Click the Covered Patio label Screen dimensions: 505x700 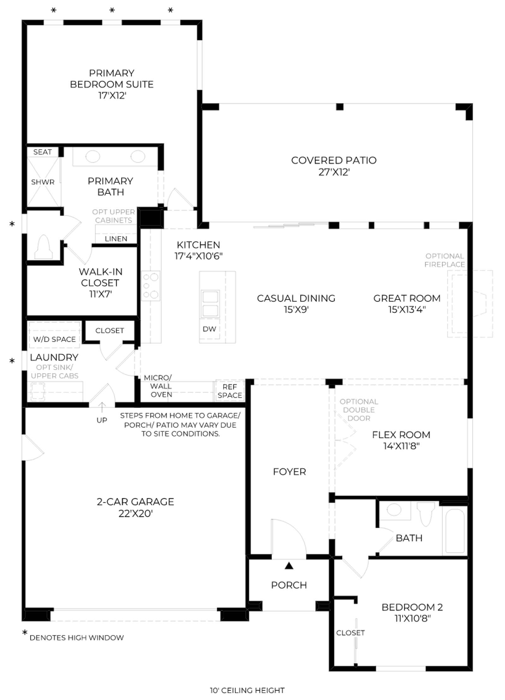pyautogui.click(x=334, y=160)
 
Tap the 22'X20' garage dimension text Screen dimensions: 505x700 pyautogui.click(x=135, y=513)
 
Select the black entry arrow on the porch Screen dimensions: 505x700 pyautogui.click(x=289, y=565)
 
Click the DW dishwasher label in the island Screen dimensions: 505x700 pyautogui.click(x=209, y=329)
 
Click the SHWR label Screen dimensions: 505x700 pyautogui.click(x=43, y=182)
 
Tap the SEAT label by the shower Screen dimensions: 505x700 pyautogui.click(x=42, y=152)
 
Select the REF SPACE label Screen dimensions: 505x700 pyautogui.click(x=229, y=391)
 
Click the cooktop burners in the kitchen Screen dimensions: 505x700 pyautogui.click(x=151, y=285)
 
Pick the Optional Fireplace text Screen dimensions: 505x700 pyautogui.click(x=444, y=260)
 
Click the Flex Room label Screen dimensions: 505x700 pyautogui.click(x=401, y=434)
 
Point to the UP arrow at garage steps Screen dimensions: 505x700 pyautogui.click(x=102, y=407)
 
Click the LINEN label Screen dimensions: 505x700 pyautogui.click(x=116, y=239)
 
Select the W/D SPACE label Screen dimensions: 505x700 pyautogui.click(x=55, y=339)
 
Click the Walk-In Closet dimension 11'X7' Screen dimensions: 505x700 pyautogui.click(x=100, y=294)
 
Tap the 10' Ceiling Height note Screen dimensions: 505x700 pyautogui.click(x=247, y=690)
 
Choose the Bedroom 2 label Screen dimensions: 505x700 pyautogui.click(x=412, y=607)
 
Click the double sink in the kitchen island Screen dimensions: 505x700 pyautogui.click(x=210, y=304)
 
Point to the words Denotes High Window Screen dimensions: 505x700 pyautogui.click(x=77, y=637)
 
